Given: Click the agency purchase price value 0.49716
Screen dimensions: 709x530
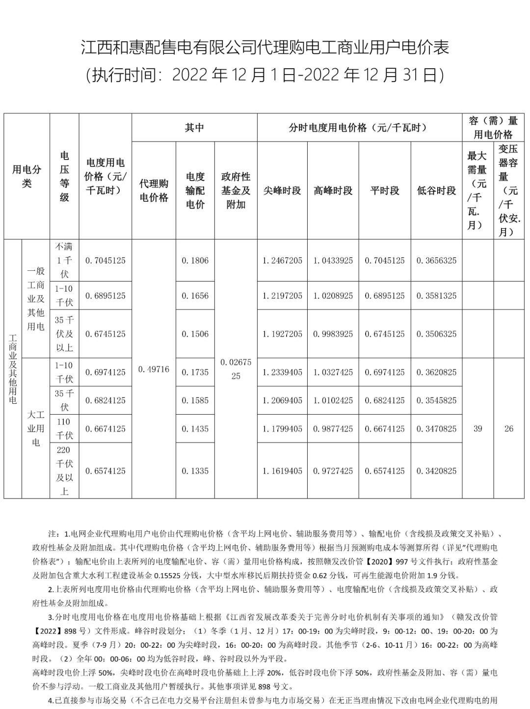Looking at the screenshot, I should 154,369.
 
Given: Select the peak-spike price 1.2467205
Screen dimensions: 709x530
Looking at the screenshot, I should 282,261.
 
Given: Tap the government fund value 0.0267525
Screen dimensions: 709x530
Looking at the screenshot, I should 236,369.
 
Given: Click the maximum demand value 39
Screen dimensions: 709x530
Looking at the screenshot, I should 477,428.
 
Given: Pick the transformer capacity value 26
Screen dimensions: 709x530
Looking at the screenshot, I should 509,428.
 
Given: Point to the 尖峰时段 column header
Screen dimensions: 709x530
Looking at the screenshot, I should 282,190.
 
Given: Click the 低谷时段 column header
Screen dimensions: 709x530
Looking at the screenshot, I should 436,190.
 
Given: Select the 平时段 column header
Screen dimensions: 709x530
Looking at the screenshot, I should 385,190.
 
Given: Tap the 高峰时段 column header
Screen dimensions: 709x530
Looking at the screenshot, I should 333,190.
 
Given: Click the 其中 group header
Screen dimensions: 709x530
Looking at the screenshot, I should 194,128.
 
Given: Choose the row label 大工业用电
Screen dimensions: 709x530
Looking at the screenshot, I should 36,428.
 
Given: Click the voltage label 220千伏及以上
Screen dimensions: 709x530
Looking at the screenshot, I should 64,471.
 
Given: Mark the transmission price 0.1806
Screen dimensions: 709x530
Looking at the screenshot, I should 195,261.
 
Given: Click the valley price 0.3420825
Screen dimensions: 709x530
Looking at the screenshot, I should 436,471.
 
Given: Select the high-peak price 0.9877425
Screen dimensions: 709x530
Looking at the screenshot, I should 333,429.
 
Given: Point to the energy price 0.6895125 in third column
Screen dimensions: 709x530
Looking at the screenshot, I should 106,296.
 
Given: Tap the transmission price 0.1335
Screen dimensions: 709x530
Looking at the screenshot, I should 195,471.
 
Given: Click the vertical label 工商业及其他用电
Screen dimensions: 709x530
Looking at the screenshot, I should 13,369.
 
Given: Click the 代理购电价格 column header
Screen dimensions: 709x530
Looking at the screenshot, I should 154,190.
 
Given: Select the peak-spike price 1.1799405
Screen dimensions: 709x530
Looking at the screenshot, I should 282,429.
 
